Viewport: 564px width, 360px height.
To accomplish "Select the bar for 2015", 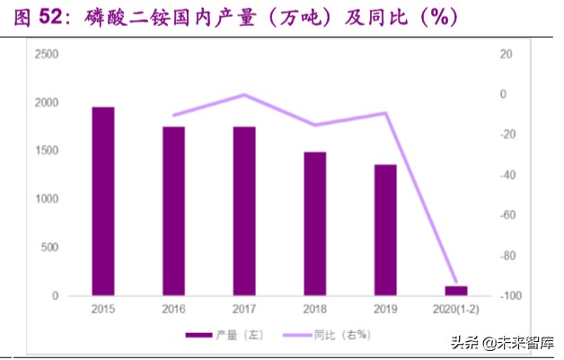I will pos(103,201).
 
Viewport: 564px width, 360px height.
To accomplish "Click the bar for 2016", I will pos(173,211).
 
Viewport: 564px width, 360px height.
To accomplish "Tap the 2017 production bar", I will pos(244,211).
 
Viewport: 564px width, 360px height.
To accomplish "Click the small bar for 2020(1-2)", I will pos(456,291).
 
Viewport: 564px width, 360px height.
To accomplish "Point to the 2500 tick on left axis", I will pos(47,55).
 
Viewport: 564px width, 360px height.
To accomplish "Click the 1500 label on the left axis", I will pos(47,152).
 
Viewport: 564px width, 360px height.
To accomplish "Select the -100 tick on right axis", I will pos(508,296).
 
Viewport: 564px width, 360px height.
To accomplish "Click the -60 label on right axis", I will pos(507,215).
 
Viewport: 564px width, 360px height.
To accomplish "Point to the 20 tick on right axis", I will pos(506,55).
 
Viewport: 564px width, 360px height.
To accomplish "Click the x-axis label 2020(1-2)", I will pos(456,310).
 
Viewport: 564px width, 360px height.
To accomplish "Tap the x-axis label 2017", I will pos(244,310).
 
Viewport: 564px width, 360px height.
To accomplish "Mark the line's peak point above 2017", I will pos(244,94).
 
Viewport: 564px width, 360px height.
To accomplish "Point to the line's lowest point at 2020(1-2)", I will pos(456,283).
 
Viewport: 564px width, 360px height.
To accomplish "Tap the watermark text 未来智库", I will pos(524,342).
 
